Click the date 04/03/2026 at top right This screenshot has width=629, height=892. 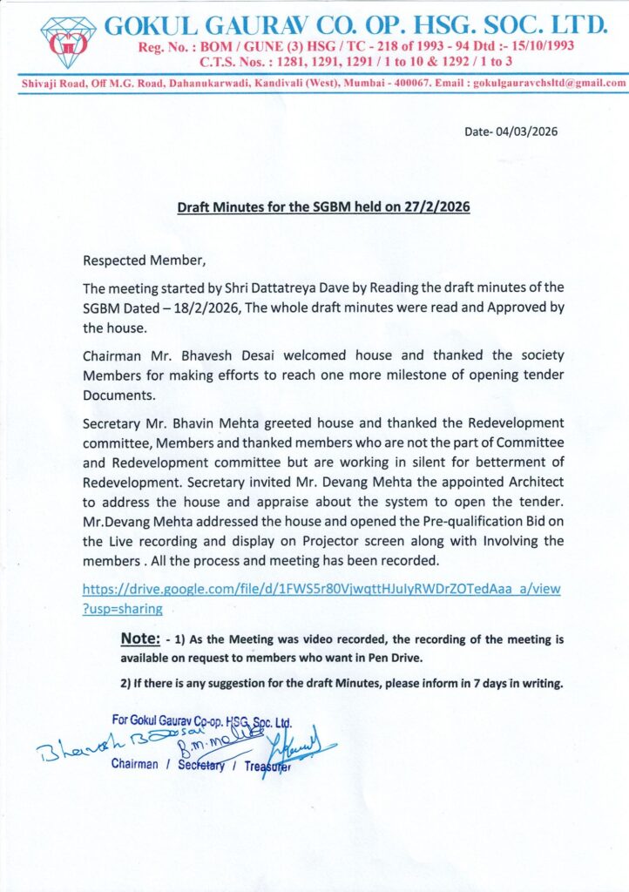pos(526,132)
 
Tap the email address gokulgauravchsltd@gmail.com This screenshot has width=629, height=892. pos(549,84)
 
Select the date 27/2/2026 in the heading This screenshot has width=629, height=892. pos(441,208)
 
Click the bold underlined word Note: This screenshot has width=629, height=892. pos(140,640)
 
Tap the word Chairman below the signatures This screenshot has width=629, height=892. pos(135,764)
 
